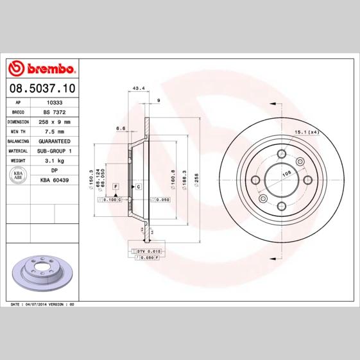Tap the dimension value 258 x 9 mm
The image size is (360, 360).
(x=56, y=121)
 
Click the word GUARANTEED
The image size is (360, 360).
(x=55, y=141)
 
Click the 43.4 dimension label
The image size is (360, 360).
(x=138, y=88)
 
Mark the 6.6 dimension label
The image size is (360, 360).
(x=121, y=128)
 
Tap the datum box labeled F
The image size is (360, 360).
(x=116, y=185)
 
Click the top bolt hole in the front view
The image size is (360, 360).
(x=281, y=155)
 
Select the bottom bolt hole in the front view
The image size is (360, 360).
(x=281, y=206)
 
